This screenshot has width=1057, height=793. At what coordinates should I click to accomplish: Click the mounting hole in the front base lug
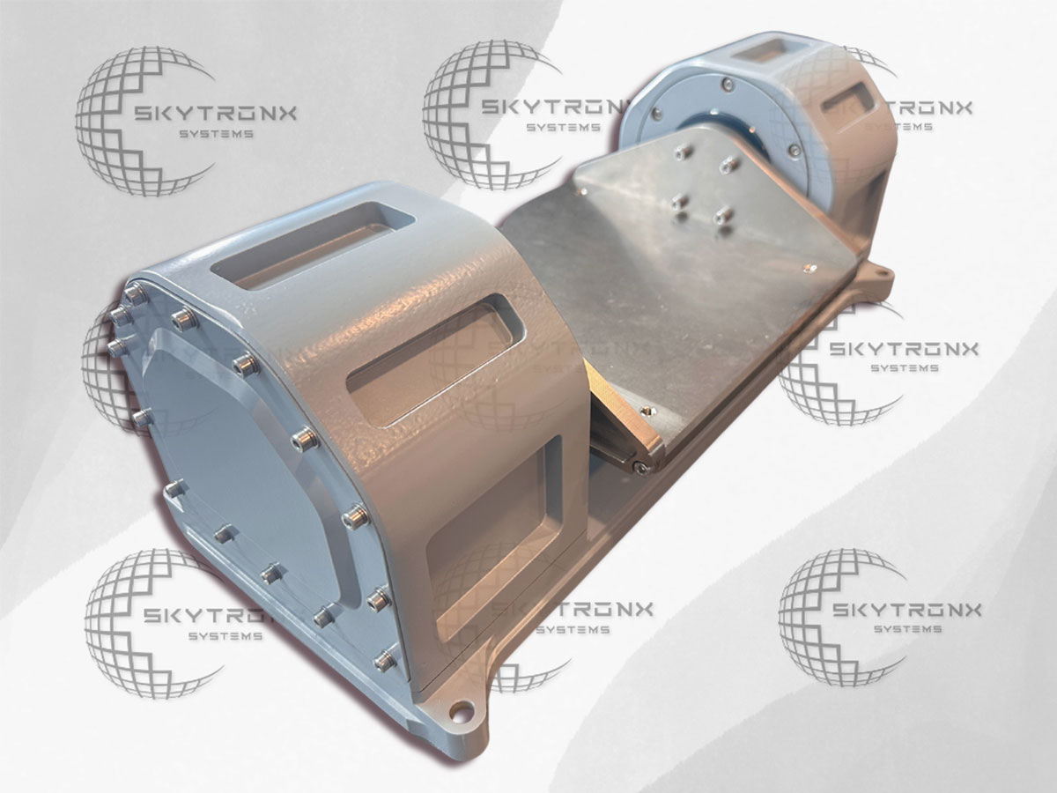pos(462,714)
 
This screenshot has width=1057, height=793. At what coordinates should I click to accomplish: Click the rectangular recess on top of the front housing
pos(312,246)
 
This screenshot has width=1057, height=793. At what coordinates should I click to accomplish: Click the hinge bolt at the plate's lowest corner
pos(639,465)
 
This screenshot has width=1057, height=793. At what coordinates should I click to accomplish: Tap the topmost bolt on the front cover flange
pos(135,292)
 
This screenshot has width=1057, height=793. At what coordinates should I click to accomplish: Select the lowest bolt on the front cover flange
pos(384,660)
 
